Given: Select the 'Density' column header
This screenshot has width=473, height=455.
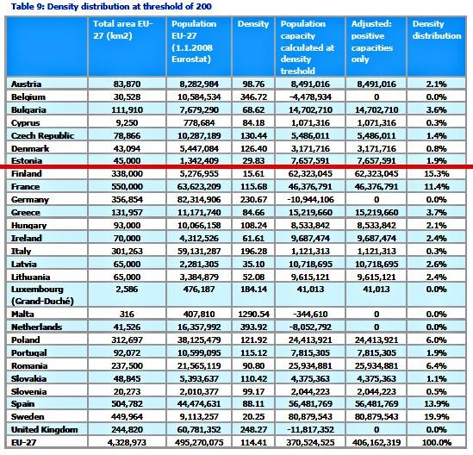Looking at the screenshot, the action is click(253, 24).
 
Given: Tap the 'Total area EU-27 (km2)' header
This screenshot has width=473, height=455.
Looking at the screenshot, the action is click(123, 30).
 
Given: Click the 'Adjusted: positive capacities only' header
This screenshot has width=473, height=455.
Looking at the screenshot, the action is click(372, 41).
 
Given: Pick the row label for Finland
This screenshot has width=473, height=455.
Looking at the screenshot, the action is click(27, 174).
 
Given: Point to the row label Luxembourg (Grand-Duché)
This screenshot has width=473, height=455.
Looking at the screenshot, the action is click(42, 295).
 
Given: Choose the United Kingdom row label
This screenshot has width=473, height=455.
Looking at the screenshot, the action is click(44, 430).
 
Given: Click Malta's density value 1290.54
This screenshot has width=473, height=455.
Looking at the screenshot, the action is click(253, 315).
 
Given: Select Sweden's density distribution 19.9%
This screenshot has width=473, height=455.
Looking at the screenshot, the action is click(436, 417).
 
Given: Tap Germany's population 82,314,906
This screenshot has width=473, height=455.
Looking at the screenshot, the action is click(199, 200).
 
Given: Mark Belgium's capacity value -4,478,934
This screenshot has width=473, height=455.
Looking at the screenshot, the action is click(310, 97).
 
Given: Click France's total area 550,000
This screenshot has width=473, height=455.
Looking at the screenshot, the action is click(127, 187).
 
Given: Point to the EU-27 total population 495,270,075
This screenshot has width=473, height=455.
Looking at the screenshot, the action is click(199, 443).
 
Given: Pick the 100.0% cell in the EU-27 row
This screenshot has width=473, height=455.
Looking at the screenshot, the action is click(436, 443).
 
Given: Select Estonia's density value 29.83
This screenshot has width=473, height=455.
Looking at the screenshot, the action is click(253, 161).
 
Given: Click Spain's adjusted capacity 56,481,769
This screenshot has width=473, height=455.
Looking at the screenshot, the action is click(377, 404).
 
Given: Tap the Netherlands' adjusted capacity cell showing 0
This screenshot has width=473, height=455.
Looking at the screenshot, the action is click(377, 327).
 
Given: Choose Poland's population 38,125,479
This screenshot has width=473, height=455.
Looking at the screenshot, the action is click(199, 340).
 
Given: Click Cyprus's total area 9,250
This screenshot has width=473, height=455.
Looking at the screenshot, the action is click(127, 123).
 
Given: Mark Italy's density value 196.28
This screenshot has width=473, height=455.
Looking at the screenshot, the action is click(253, 252).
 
